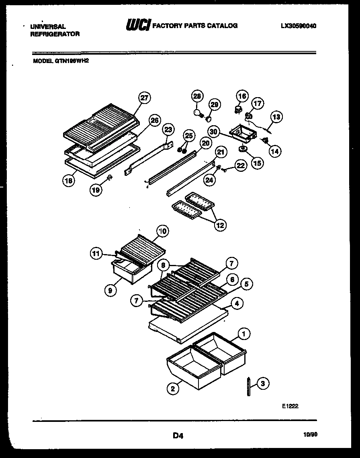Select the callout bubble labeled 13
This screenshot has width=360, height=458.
(x=276, y=117)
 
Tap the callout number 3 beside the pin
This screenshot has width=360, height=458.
(x=263, y=383)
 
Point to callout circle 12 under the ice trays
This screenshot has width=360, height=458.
(x=220, y=225)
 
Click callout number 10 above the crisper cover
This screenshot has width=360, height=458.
(x=162, y=231)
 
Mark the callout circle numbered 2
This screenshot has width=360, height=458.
(x=173, y=388)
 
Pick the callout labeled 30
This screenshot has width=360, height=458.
(x=214, y=131)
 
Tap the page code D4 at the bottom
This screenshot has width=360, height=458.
(x=178, y=435)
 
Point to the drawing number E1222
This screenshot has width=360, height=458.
(x=290, y=406)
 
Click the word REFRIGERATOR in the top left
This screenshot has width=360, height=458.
(x=55, y=34)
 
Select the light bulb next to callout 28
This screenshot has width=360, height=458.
(x=197, y=113)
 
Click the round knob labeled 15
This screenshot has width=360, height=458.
(x=243, y=150)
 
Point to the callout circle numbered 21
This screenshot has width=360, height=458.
(x=220, y=152)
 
